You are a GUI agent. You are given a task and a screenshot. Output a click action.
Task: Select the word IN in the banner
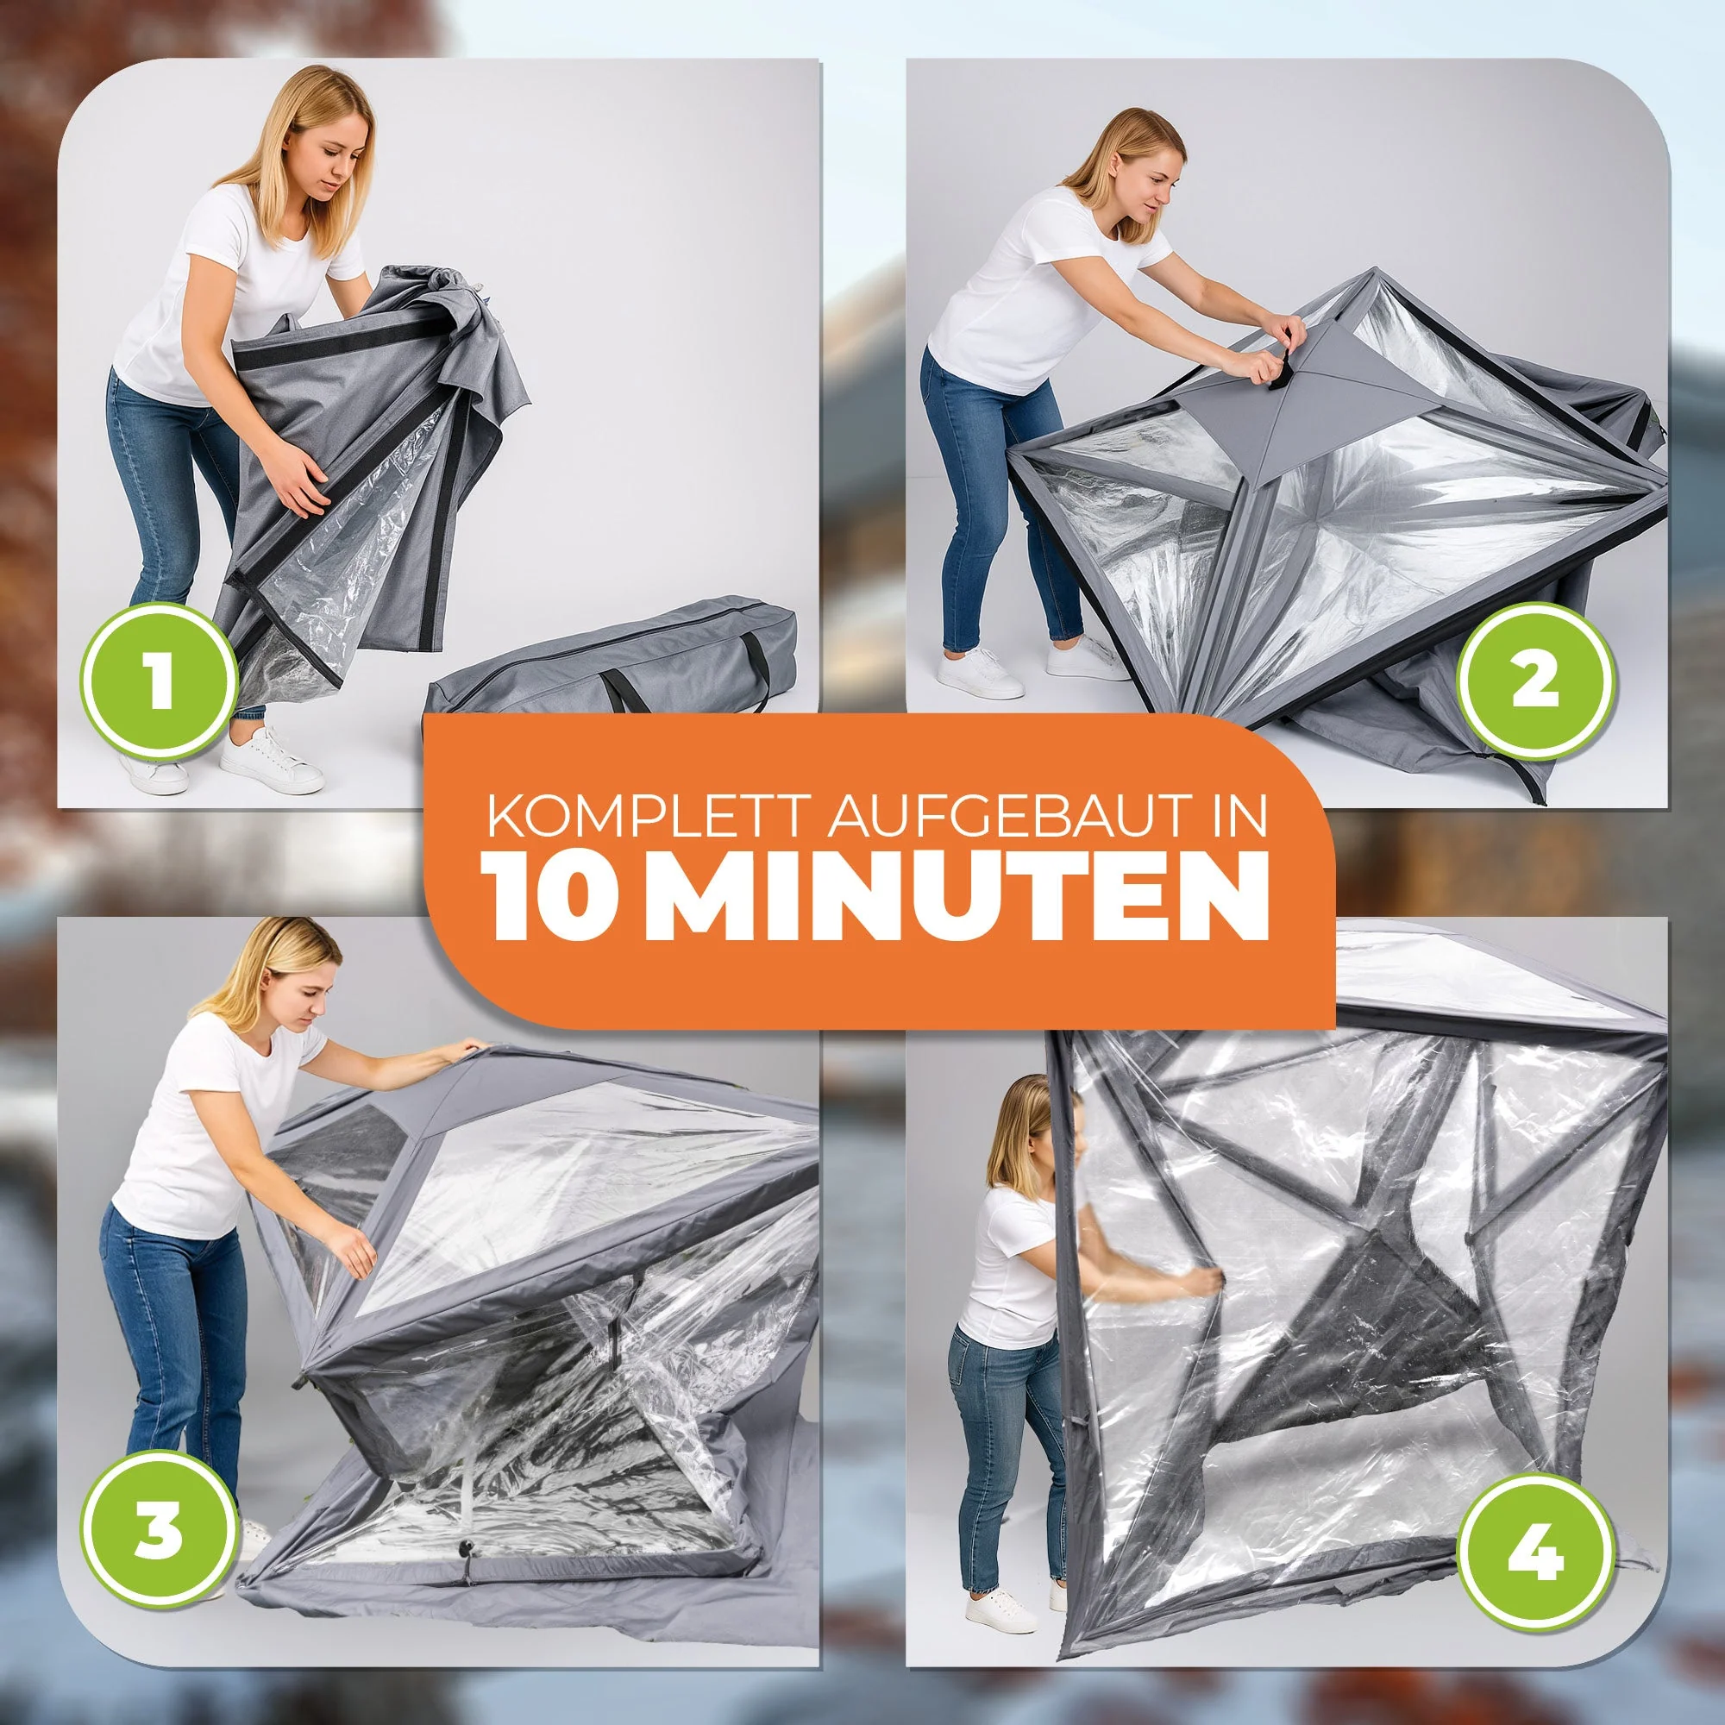[x=1241, y=819]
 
